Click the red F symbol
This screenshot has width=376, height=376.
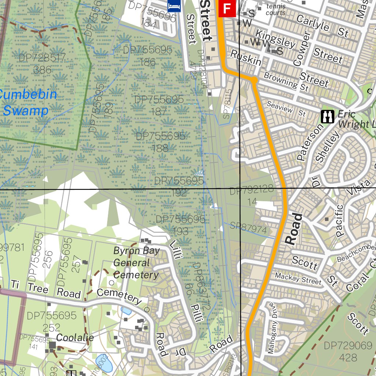click(227, 8)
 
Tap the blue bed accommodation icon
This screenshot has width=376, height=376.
click(174, 6)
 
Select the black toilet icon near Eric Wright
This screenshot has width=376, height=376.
click(327, 116)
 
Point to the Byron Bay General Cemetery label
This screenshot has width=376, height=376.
click(136, 263)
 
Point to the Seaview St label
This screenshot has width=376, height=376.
click(286, 109)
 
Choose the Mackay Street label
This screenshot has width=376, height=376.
click(298, 279)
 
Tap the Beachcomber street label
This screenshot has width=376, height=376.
click(357, 253)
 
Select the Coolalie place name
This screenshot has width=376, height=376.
click(75, 338)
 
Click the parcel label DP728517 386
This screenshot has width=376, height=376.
click(41, 64)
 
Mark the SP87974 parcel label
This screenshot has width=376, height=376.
click(248, 228)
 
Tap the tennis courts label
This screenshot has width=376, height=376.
click(276, 10)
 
